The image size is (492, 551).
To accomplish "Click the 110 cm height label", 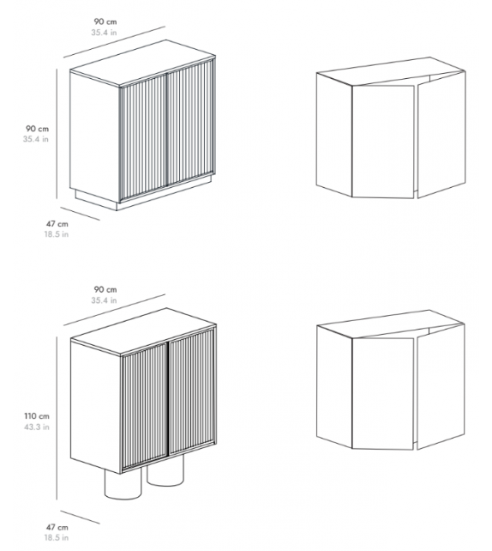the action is coord(37,416).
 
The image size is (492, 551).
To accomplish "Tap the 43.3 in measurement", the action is coord(37,427).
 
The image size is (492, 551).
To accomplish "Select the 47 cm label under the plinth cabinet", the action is coord(57,224).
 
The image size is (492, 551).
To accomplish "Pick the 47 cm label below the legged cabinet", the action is coord(57,527).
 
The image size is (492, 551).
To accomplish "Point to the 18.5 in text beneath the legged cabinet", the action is coord(57,537).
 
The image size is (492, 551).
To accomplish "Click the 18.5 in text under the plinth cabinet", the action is coord(57,234).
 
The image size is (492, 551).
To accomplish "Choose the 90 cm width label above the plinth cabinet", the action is coord(105,21).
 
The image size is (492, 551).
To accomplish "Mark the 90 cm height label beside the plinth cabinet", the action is coord(37,129).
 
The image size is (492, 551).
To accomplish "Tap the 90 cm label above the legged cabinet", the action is coord(105,289).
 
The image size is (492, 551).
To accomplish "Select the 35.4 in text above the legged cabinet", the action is coord(104,300).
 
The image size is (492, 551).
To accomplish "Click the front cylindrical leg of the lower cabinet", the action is coord(123,485).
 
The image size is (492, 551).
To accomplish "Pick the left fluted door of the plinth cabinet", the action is coord(143,138).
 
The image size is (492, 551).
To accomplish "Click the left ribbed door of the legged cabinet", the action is coord(145,406).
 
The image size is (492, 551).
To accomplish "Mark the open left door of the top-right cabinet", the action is coord(383,142).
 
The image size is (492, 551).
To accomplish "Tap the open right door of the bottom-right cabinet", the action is coord(441,386).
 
